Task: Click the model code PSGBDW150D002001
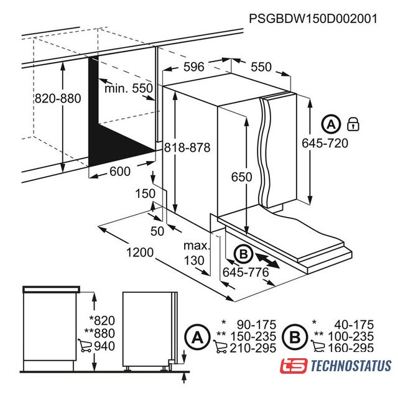313,19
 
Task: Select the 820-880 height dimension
58,98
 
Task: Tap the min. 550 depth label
129,88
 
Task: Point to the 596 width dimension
193,67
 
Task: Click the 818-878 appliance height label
187,147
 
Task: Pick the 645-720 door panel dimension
325,143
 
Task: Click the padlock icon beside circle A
353,124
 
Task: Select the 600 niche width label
120,172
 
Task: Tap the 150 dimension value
145,193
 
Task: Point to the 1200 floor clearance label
140,252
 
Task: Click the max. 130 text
197,253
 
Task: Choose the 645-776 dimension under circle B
246,272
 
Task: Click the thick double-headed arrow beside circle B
268,260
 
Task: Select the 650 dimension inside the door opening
242,177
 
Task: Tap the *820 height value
102,321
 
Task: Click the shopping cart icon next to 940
85,346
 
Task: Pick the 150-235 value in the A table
253,336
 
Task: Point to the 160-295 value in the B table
351,348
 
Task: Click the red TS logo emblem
294,366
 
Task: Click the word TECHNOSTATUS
351,366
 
